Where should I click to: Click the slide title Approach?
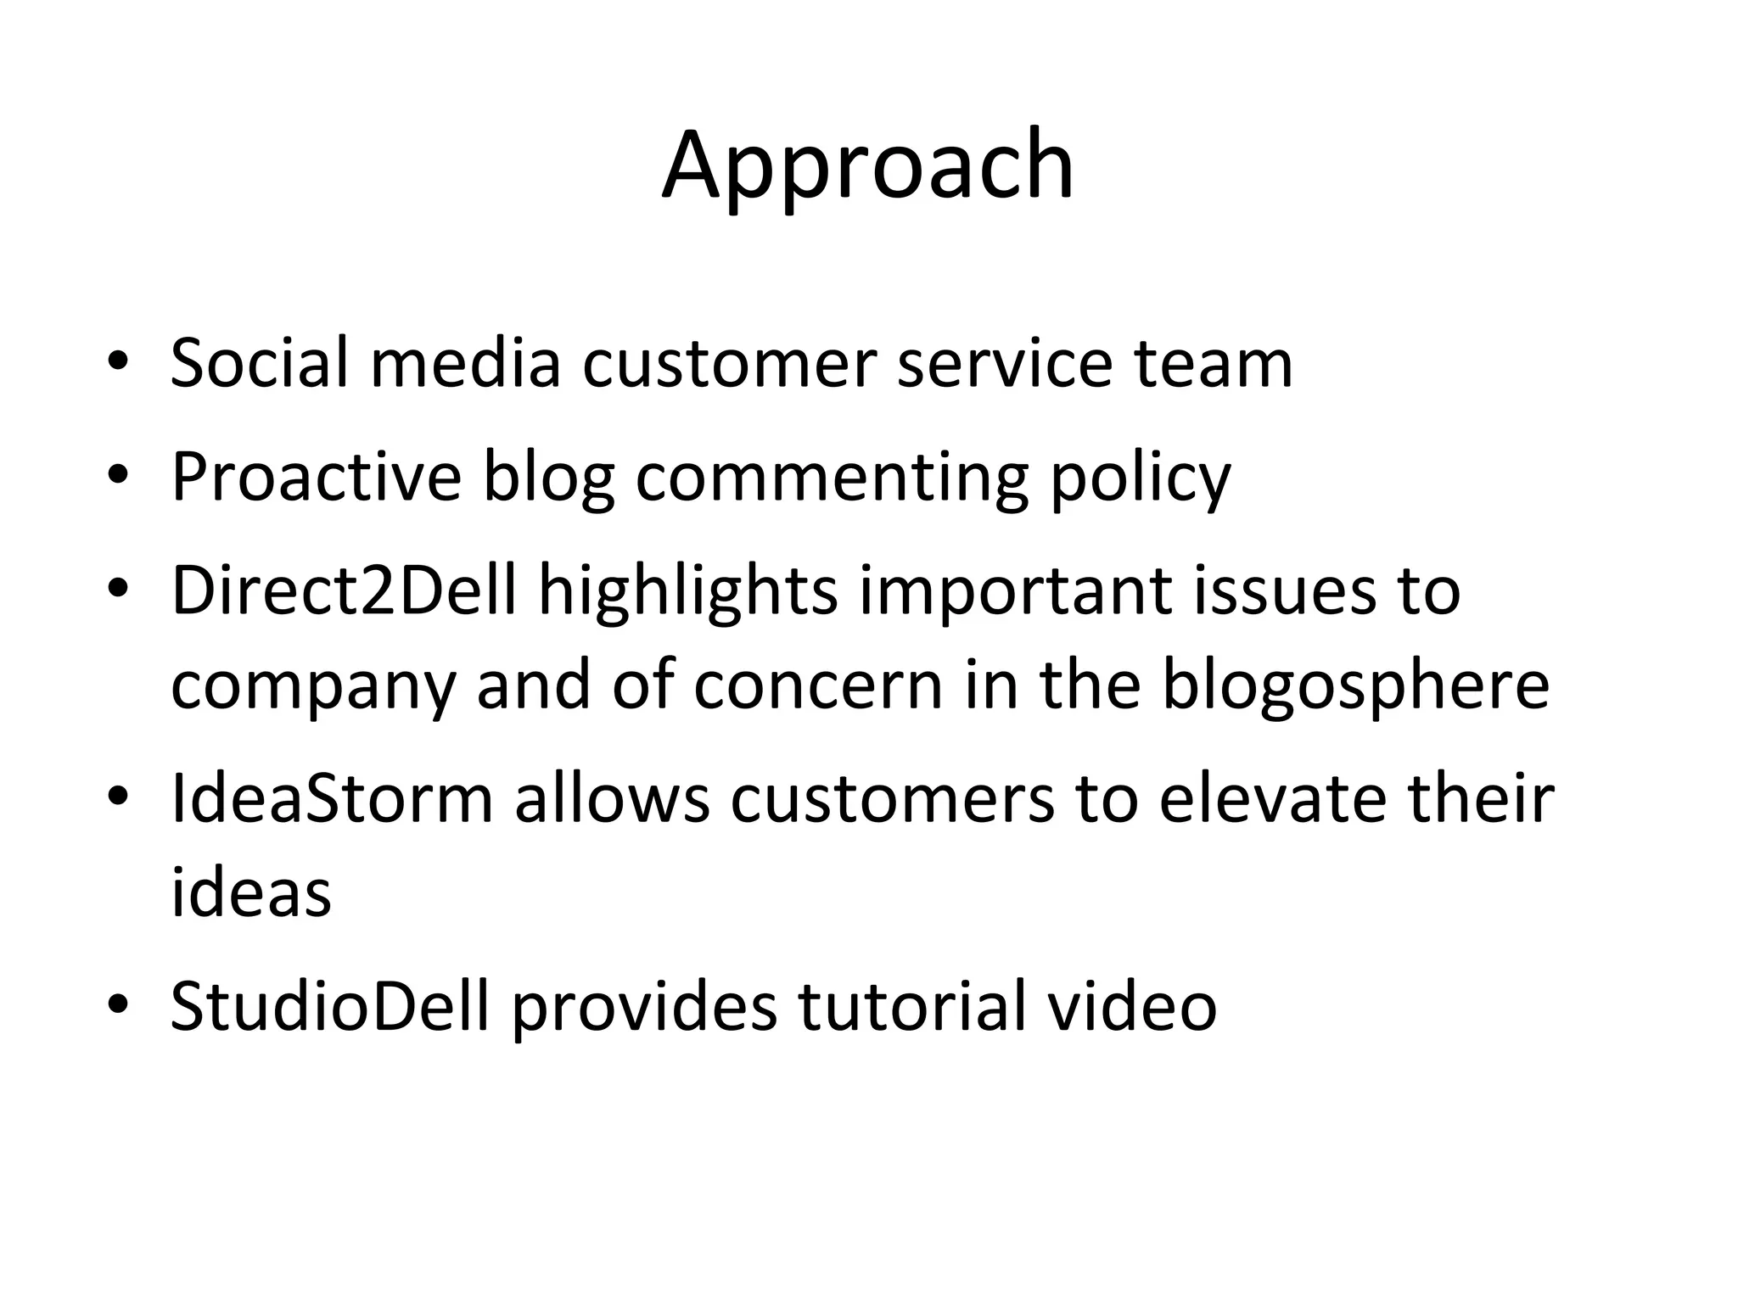coord(867,165)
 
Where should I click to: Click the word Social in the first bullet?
coord(259,363)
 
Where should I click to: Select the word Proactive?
coord(316,477)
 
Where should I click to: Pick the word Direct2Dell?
coord(344,590)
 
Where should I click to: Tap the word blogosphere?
coord(1354,686)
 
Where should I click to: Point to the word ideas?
coord(250,892)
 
